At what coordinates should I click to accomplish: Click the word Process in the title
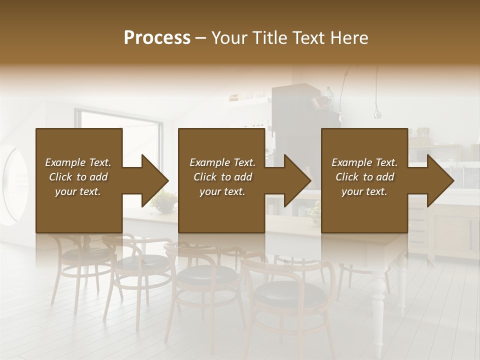tap(157, 37)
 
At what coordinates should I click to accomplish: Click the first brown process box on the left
tap(78, 210)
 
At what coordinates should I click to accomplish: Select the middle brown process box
tap(221, 210)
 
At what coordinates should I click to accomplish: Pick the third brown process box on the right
tap(364, 210)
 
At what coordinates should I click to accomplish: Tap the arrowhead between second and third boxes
tap(297, 180)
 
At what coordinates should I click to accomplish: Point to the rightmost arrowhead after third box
tap(440, 180)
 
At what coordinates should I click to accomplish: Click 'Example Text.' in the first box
tap(78, 162)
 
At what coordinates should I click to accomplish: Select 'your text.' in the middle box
tap(222, 192)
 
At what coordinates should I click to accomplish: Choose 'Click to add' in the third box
tap(364, 177)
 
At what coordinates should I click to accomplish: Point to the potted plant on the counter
tap(163, 201)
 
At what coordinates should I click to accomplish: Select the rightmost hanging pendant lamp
tap(377, 113)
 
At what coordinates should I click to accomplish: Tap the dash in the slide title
tap(201, 38)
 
